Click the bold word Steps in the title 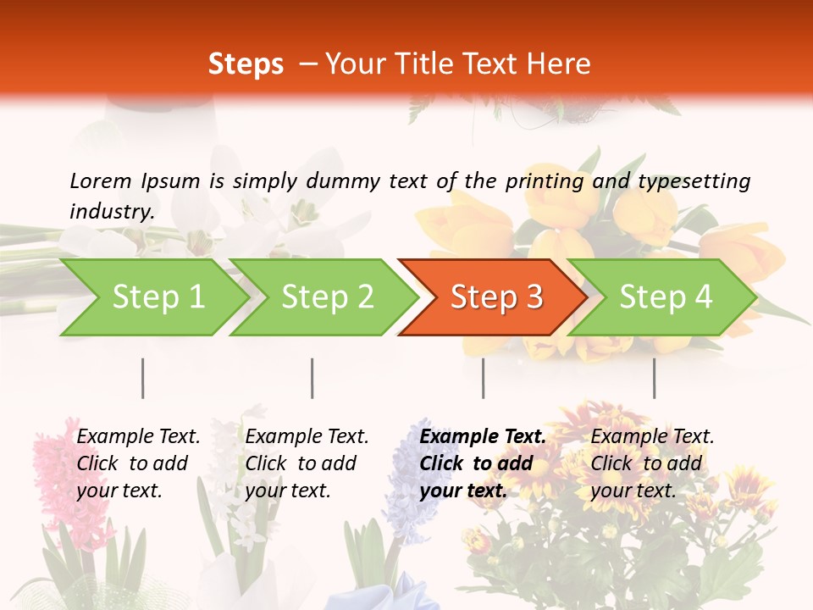(x=246, y=64)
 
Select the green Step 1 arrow (x=152, y=297)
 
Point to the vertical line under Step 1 (x=143, y=378)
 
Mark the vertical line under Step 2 (x=312, y=378)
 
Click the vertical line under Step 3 (x=484, y=378)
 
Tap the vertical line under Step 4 (x=654, y=378)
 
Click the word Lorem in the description (x=100, y=180)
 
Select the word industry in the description (x=111, y=211)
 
